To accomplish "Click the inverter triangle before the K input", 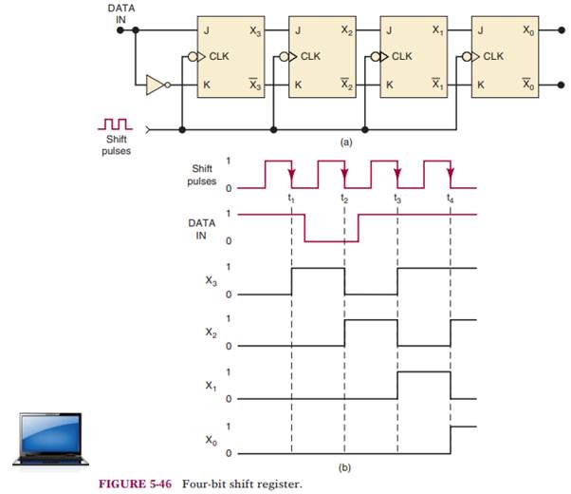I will (x=156, y=86).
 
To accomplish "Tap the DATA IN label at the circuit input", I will (x=120, y=12).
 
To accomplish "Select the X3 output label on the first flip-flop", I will (x=253, y=31).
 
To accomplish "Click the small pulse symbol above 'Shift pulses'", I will (x=117, y=123).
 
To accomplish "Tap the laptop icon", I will (x=49, y=437).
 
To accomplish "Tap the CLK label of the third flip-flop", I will (x=402, y=56).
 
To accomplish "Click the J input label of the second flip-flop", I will (x=299, y=31).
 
